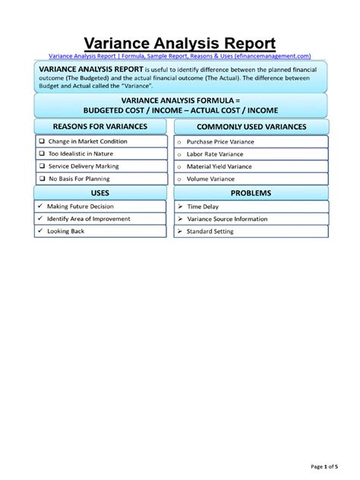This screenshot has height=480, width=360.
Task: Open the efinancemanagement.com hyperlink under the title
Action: point(179,56)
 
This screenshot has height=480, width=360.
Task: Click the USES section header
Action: point(99,193)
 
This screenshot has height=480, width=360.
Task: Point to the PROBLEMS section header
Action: point(251,193)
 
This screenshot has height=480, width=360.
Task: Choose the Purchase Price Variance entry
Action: point(220,142)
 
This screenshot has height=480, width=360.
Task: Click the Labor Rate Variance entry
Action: point(215,154)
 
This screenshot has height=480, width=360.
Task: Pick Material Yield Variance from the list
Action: point(219,166)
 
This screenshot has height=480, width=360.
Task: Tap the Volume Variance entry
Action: point(210,179)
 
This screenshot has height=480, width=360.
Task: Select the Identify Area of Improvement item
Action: point(89,219)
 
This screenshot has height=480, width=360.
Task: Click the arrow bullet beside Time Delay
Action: point(180,206)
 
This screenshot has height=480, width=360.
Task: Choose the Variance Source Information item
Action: point(227,219)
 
